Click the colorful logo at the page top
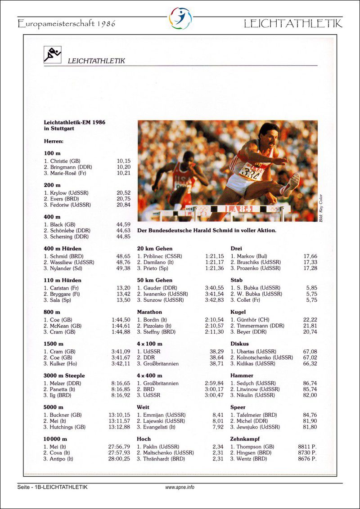(x=180, y=18)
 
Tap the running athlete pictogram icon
(x=52, y=54)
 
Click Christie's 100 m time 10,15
(x=123, y=161)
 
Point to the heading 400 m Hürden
(x=63, y=249)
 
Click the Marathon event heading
(x=149, y=312)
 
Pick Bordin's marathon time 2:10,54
(x=214, y=320)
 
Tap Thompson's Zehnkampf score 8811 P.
(x=307, y=447)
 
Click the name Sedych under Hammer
(x=245, y=384)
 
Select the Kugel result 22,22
(x=310, y=320)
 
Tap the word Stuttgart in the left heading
(x=62, y=128)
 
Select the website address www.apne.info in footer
(x=180, y=487)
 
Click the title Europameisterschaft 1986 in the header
(x=67, y=23)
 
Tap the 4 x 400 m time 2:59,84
(x=214, y=384)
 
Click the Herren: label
(x=54, y=141)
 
